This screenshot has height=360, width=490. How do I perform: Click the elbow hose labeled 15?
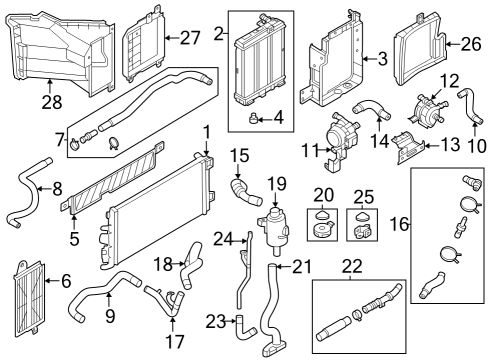pos(241,187)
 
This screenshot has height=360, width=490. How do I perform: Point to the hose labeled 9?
pos(100,295)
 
